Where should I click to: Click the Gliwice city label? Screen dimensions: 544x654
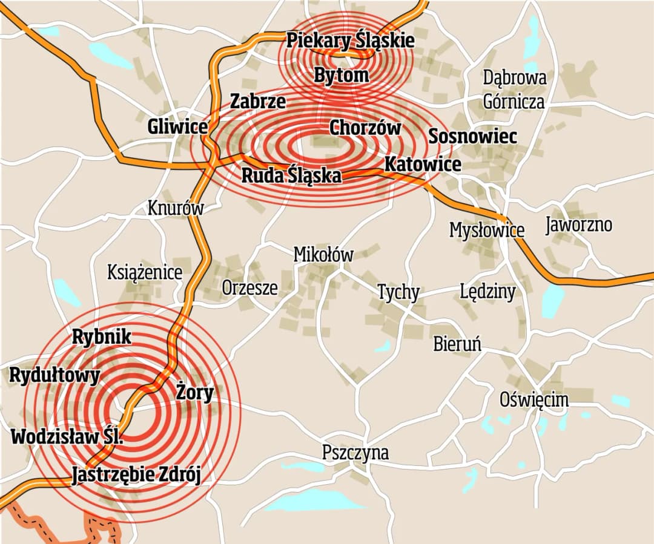coord(177,128)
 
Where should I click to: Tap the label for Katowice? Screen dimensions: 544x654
coord(423,164)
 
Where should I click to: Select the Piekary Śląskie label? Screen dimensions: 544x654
coord(351,41)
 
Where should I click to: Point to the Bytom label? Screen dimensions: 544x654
coord(342,76)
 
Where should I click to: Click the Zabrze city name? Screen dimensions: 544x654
coord(258,102)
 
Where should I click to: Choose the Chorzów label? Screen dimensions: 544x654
coord(365,128)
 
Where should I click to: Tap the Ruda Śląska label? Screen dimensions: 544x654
coord(291,176)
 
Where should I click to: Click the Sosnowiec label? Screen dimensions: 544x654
coord(473,137)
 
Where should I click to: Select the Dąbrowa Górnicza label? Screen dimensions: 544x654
coord(514,90)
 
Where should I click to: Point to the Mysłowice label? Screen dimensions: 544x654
coord(486,231)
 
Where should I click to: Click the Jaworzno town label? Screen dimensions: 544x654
coord(579,225)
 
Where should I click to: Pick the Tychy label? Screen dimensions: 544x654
coord(398,293)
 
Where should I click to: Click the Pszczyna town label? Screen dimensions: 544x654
coord(355,453)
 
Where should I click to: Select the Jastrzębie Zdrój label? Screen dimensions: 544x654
coord(136,475)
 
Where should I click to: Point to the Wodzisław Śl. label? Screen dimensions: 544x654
coord(67,436)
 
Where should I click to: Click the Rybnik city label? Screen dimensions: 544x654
coord(102,337)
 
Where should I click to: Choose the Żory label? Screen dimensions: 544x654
coord(195,393)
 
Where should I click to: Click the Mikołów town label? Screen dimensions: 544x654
coord(323,255)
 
